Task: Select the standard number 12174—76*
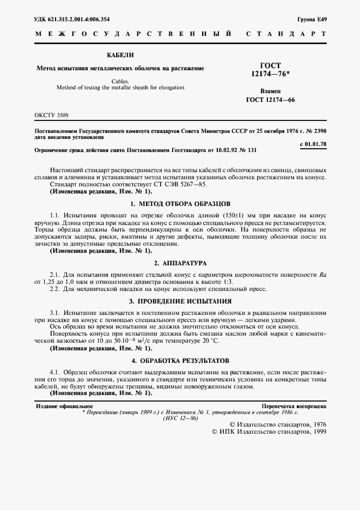[271, 74]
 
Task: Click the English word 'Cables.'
[120, 81]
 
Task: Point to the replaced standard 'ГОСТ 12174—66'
[270, 99]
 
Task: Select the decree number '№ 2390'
[315, 131]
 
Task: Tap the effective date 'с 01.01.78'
[313, 143]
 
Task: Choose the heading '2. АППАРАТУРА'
[180, 262]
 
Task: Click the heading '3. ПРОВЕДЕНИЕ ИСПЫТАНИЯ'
[180, 301]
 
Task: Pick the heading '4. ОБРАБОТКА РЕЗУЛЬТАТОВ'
[180, 361]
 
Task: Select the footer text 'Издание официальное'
[64, 406]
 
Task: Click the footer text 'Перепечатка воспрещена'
[294, 406]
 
